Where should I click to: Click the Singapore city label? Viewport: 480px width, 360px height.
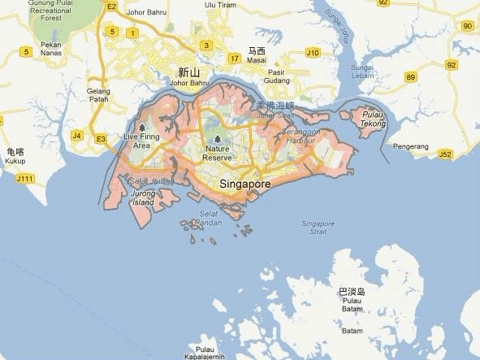click(x=244, y=185)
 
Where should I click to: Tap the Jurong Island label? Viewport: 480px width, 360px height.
click(x=141, y=197)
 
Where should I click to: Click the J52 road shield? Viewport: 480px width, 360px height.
click(x=444, y=153)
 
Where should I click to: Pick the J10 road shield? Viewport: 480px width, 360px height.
click(x=313, y=52)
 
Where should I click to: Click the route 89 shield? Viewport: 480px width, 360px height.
click(x=411, y=77)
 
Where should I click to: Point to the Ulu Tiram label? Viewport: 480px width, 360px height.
click(x=219, y=4)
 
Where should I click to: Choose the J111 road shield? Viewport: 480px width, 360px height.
click(x=25, y=178)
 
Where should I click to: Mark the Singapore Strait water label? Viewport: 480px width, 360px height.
click(x=318, y=228)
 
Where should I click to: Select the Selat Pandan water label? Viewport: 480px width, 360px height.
click(x=209, y=217)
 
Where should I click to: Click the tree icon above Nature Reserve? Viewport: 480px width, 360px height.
click(x=217, y=138)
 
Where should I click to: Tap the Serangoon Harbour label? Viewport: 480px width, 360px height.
click(x=308, y=136)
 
